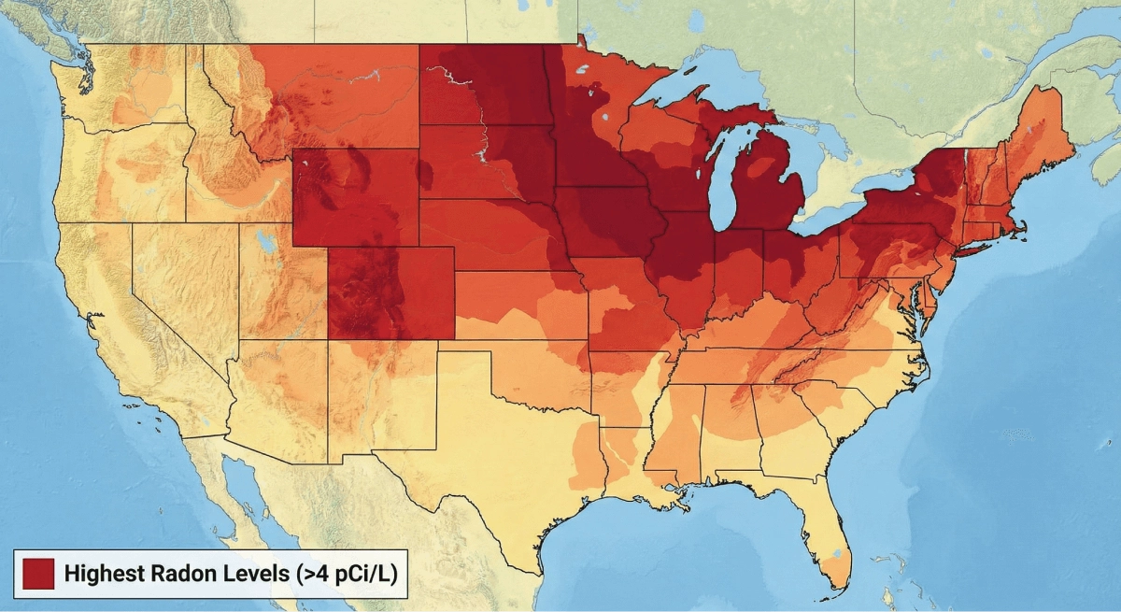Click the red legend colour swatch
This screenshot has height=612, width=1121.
pyautogui.click(x=37, y=574)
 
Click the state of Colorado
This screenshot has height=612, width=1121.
pyautogui.click(x=390, y=292)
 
